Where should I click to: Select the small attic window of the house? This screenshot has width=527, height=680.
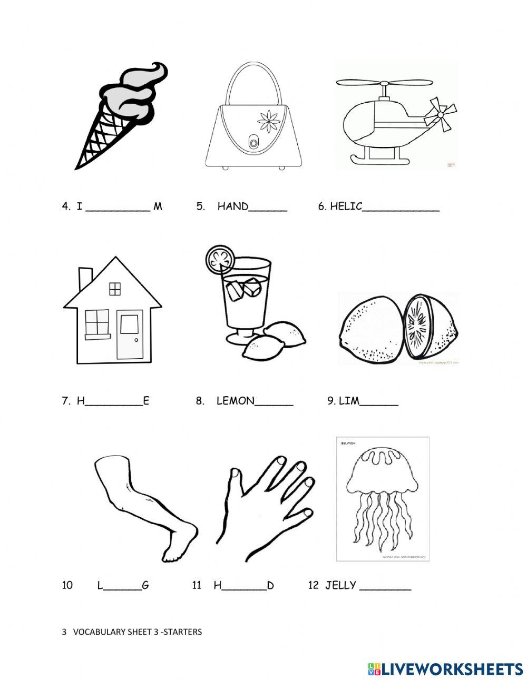click(114, 289)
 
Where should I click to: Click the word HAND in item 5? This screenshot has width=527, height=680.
click(232, 206)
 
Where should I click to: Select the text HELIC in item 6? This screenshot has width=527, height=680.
click(346, 206)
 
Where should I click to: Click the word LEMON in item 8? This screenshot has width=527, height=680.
click(235, 401)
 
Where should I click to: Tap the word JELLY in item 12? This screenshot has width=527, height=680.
click(340, 585)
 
